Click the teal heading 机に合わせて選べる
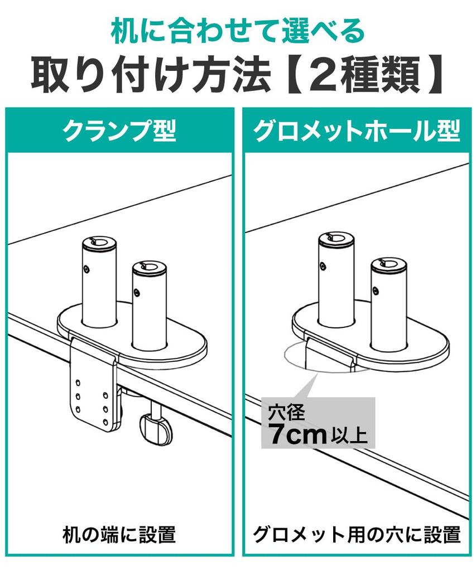(238, 32)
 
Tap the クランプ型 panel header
(119, 130)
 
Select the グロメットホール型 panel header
(357, 130)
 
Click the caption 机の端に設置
(119, 535)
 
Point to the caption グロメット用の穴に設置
(357, 535)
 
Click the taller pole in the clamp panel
(98, 280)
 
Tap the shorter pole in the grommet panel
(388, 304)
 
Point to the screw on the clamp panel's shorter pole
(136, 292)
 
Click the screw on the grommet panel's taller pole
(323, 267)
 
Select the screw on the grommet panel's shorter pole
(376, 291)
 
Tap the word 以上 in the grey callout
(348, 435)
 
